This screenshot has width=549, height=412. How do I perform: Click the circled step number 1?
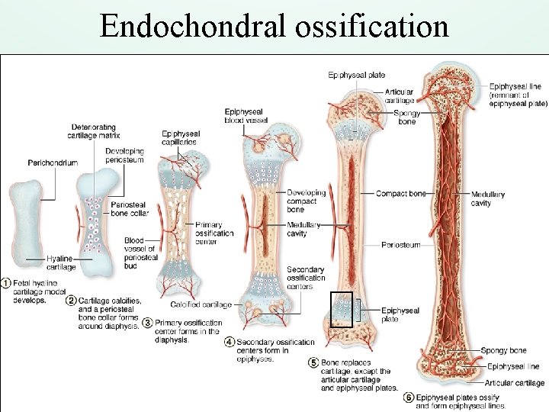tap(6, 283)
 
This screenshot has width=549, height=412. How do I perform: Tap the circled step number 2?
tap(72, 300)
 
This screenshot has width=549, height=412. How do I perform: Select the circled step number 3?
tap(147, 323)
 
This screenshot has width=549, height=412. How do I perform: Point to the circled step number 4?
tap(229, 343)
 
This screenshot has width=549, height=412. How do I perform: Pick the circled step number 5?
tap(313, 362)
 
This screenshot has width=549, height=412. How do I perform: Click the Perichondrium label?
tap(53, 163)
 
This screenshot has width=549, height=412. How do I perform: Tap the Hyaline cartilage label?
tap(61, 262)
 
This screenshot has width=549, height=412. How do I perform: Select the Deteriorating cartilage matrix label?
tap(94, 130)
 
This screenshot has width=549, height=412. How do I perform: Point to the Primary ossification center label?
tap(214, 233)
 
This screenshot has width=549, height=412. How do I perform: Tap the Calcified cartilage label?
tap(201, 304)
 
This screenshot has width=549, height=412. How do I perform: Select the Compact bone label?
tap(400, 194)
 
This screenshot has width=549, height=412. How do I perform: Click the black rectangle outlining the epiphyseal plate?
tap(341, 309)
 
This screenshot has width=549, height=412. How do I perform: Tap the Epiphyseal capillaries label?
tap(180, 137)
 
